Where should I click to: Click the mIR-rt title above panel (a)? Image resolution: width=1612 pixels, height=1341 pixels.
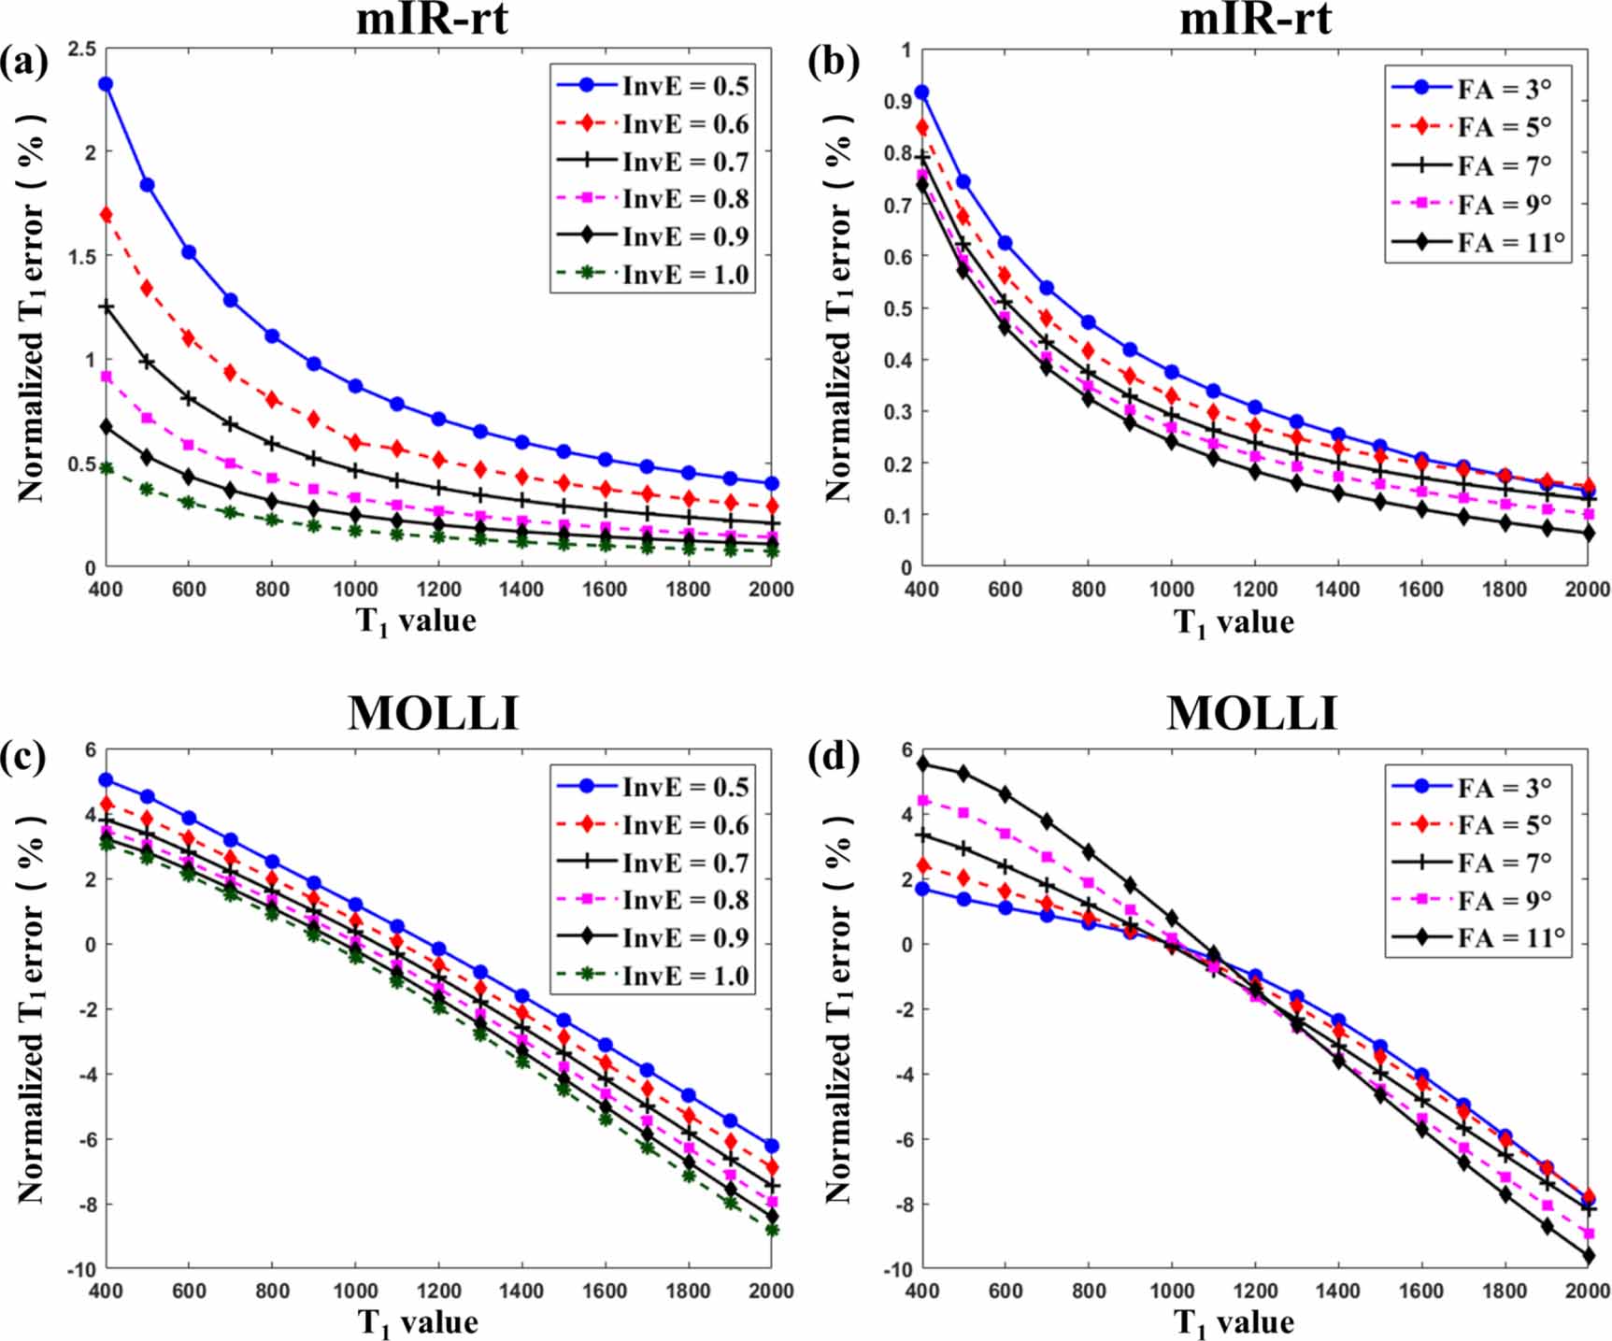click(x=432, y=19)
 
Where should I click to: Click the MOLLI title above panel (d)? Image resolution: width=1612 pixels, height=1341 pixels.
click(x=1251, y=714)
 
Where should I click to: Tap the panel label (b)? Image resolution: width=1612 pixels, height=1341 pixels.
click(x=833, y=62)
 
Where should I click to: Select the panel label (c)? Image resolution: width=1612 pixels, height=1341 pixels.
click(x=23, y=757)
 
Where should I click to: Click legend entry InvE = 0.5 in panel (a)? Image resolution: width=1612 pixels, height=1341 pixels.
click(x=653, y=85)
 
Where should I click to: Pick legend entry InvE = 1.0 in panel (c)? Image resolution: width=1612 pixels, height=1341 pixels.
click(x=653, y=976)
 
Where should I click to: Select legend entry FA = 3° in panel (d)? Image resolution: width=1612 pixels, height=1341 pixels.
click(x=1472, y=788)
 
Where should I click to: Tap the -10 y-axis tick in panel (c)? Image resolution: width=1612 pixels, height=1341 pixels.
click(x=80, y=1269)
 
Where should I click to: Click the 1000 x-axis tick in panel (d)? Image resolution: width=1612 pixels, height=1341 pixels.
click(x=1171, y=1291)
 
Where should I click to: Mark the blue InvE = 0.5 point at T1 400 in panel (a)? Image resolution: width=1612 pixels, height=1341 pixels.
click(x=106, y=84)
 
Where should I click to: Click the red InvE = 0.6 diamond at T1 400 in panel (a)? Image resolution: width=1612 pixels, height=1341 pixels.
click(x=106, y=215)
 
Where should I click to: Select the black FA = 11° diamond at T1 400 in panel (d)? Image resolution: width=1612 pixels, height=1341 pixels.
click(x=923, y=763)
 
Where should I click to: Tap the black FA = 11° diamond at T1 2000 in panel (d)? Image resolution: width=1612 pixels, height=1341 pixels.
click(x=1588, y=1256)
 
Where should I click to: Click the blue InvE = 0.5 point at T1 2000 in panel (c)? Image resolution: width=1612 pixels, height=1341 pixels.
click(x=771, y=1146)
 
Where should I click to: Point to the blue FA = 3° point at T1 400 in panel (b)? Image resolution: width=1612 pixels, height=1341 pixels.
click(x=922, y=93)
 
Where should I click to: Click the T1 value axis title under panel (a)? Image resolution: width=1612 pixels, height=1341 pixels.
click(x=416, y=621)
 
